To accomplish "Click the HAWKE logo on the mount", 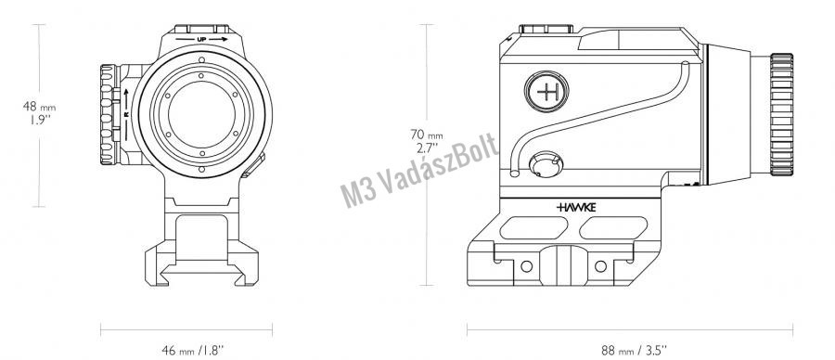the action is pos(576,207).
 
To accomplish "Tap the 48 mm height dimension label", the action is pos(39,113).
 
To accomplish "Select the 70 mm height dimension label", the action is pos(426,141).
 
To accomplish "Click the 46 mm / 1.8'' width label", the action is pos(192,350).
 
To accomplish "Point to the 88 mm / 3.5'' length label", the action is pos(634,350).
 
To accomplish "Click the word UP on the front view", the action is pos(202,39).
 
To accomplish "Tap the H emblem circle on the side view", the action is pos(546,92).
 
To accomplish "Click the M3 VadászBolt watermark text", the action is pos(419,170).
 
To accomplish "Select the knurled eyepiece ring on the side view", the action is pos(781,114).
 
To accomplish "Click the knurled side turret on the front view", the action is pos(109,114).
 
